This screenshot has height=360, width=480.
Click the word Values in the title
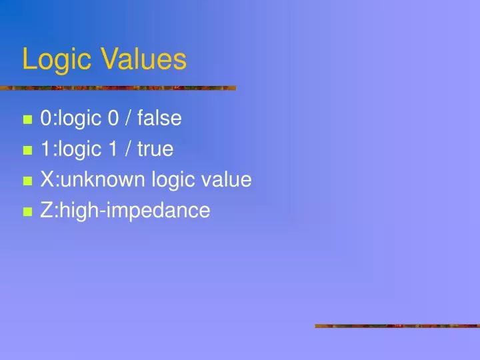(x=145, y=59)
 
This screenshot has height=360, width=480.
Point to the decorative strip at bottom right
(x=397, y=326)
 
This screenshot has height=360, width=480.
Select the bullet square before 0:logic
(x=27, y=121)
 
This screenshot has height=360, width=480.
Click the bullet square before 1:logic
(x=27, y=151)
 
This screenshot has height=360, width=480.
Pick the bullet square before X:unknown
(x=27, y=181)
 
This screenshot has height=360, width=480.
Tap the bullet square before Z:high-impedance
(x=27, y=212)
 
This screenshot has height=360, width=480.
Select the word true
(x=155, y=149)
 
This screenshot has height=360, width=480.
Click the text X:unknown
(x=87, y=180)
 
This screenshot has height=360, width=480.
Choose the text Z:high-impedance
(x=125, y=211)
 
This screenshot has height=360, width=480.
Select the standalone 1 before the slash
(x=111, y=149)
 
